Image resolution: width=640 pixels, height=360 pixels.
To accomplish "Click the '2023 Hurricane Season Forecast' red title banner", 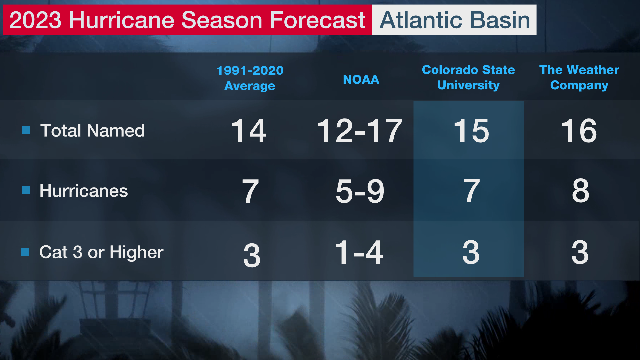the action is pyautogui.click(x=187, y=20).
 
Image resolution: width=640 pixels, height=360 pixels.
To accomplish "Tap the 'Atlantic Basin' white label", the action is pyautogui.click(x=454, y=20).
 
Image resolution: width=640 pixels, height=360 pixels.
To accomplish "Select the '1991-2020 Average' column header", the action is pyautogui.click(x=250, y=78).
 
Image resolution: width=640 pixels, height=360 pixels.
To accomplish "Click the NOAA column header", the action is pyautogui.click(x=361, y=80).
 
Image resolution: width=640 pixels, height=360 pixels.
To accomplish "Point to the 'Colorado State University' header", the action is pyautogui.click(x=468, y=77).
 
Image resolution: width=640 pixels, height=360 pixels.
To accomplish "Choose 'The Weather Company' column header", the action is pyautogui.click(x=579, y=77).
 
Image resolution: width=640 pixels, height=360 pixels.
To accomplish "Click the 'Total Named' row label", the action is pyautogui.click(x=93, y=130).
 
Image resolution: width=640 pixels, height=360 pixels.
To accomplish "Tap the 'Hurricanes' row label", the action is pyautogui.click(x=84, y=191).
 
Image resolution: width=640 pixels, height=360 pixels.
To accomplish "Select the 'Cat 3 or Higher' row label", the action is pyautogui.click(x=101, y=252).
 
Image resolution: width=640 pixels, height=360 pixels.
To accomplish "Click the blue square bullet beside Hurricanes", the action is pyautogui.click(x=26, y=190).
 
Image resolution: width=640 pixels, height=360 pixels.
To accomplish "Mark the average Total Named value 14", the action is pyautogui.click(x=249, y=131).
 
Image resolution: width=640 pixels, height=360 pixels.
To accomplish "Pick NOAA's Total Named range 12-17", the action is pyautogui.click(x=360, y=131).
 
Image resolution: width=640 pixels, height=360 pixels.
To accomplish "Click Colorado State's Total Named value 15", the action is pyautogui.click(x=471, y=131).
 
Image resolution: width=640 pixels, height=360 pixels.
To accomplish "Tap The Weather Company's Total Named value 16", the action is pyautogui.click(x=579, y=131).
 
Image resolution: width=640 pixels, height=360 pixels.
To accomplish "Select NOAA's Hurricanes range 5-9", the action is pyautogui.click(x=360, y=191).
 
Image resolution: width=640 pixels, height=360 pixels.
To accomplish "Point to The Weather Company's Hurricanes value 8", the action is pyautogui.click(x=581, y=191).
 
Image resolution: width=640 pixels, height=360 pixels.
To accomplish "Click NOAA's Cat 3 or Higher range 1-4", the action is pyautogui.click(x=359, y=252).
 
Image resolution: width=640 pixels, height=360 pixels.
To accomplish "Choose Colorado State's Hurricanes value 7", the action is pyautogui.click(x=471, y=191).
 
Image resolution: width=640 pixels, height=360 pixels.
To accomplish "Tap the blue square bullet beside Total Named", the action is pyautogui.click(x=26, y=130).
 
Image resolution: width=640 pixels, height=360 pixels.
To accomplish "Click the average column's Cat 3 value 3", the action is pyautogui.click(x=252, y=255).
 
